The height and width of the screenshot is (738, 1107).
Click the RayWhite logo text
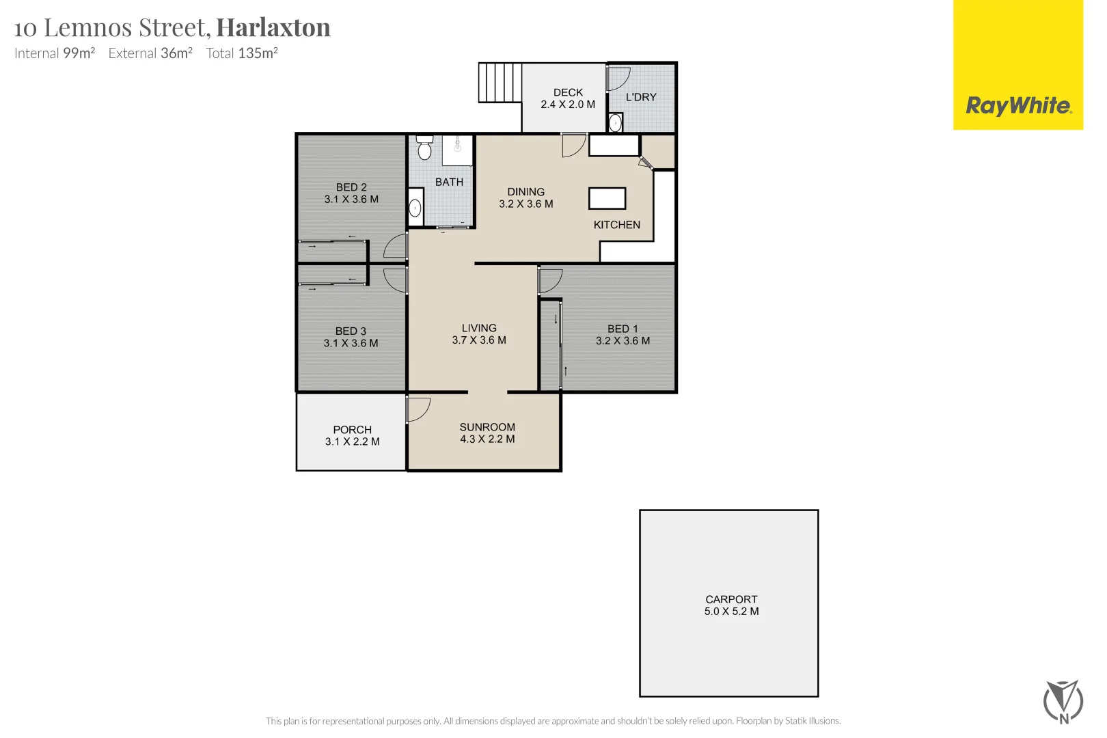1017,106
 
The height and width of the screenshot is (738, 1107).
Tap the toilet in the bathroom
424,148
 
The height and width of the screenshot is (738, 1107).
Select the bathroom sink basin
415,208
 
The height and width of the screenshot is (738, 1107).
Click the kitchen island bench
607,198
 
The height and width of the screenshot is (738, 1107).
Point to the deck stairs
500,83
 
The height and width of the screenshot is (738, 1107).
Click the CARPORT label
731,599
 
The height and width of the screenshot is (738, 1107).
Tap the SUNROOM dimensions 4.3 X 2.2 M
487,439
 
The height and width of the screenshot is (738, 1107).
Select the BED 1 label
623,329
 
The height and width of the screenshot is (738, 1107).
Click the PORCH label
352,430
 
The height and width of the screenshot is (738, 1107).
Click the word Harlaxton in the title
273,27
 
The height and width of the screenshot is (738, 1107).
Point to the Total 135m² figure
242,53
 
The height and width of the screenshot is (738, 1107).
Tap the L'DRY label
641,97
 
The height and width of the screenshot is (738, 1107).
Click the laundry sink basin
615,123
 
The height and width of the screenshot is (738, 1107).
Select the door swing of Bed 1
550,279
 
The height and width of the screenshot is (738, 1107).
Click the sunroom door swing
418,409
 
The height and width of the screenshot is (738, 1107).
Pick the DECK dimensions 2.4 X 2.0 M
568,105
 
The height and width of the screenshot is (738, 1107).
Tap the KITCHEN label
616,225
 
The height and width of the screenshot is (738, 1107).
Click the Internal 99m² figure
55,53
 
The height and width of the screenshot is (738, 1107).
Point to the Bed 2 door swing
396,246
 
